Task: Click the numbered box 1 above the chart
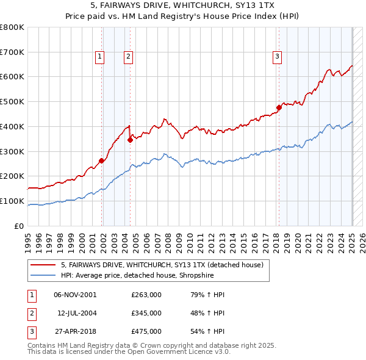(99, 57)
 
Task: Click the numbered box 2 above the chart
(129, 57)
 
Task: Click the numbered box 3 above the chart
(277, 57)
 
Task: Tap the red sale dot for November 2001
(102, 160)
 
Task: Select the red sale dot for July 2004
(130, 140)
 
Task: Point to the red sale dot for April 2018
(279, 107)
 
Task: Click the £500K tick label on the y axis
(12, 101)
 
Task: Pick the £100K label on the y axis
(12, 201)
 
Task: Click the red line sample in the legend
(43, 265)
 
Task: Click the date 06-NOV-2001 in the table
(75, 295)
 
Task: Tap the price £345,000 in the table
(146, 313)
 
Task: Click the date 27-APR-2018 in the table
(75, 331)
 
